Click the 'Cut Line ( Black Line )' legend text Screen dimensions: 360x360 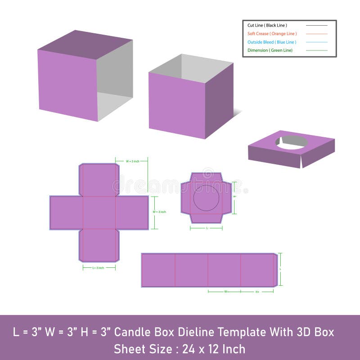pos(267,25)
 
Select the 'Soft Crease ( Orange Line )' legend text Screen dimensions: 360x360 pos(272,34)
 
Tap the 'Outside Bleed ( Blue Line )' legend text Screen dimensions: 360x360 pos(272,42)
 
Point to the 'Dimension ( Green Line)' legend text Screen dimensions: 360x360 pos(270,50)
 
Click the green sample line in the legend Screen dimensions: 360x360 pos(317,50)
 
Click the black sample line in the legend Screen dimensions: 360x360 pos(317,25)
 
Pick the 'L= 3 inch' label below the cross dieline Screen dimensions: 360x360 pos(99,268)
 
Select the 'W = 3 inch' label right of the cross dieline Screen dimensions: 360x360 pos(159,211)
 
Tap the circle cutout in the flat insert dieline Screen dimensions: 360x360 pos(206,198)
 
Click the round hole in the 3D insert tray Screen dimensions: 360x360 pos(292,142)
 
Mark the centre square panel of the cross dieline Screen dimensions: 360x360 pos(99,213)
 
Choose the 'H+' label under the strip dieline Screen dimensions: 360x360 pos(257,292)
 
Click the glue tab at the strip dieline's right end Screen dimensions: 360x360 pos(275,270)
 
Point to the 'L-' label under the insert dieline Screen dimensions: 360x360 pos(207,228)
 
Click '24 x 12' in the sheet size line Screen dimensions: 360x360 pos(195,349)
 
